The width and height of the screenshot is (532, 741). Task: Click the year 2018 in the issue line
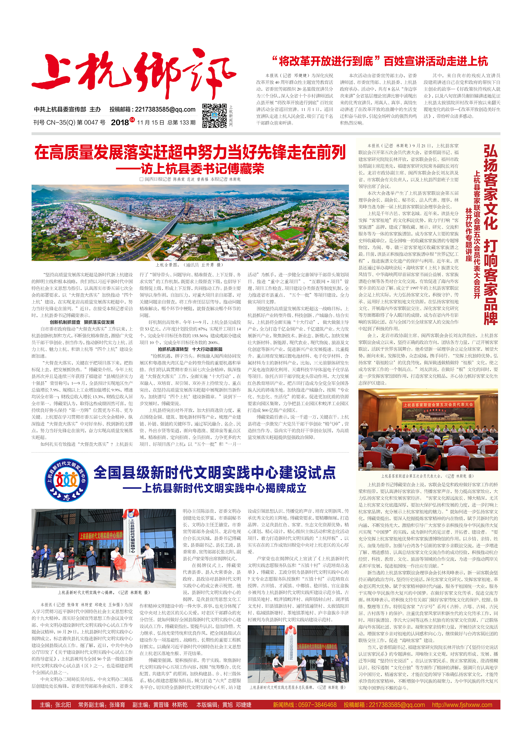pos(120,123)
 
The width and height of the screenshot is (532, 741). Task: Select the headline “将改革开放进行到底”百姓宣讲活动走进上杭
pos(380,61)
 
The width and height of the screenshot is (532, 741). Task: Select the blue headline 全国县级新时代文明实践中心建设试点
pos(214,472)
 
